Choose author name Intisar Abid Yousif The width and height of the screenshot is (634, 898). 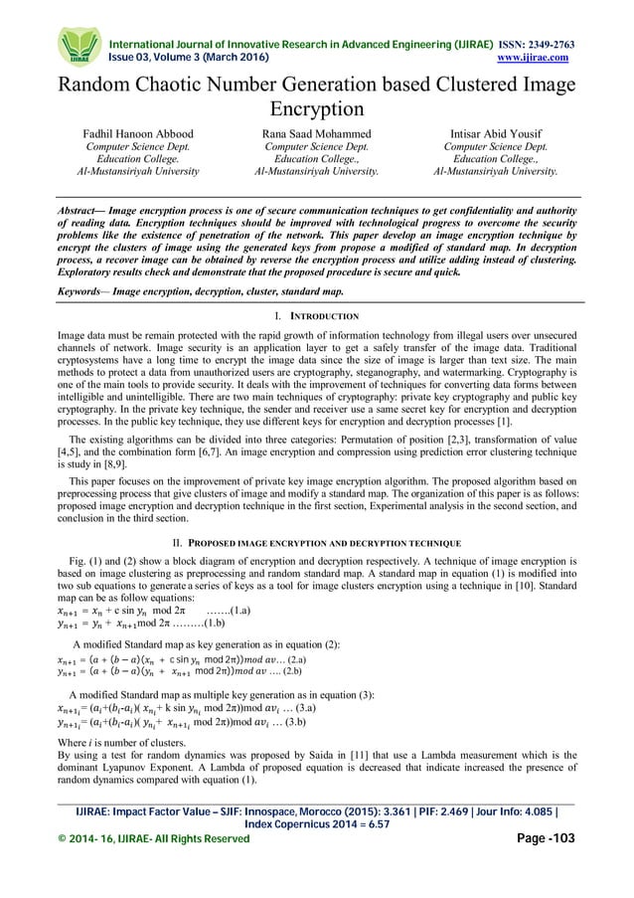click(494, 130)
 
